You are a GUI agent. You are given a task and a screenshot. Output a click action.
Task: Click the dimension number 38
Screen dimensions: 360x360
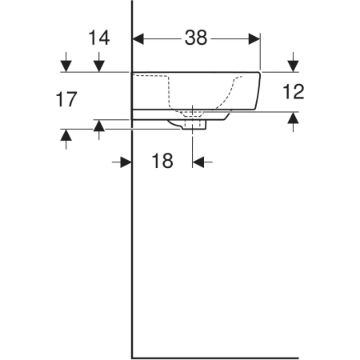tap(196, 38)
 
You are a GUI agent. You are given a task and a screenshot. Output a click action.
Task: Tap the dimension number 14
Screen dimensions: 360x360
tap(99, 38)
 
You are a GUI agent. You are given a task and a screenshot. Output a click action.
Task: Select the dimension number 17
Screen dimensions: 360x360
tap(66, 99)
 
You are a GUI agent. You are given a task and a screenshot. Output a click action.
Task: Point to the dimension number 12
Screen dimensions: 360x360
tap(294, 91)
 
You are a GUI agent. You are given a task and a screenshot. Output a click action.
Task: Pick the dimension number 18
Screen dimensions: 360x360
tap(162, 161)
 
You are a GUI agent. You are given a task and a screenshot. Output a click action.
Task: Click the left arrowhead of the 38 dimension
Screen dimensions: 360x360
tap(138, 39)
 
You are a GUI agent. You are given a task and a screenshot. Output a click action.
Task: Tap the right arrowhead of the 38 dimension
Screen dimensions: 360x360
tap(254, 39)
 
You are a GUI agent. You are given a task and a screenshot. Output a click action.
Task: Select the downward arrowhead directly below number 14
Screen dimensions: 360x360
tap(99, 66)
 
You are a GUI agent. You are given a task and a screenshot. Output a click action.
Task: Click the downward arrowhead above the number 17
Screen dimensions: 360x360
tap(66, 66)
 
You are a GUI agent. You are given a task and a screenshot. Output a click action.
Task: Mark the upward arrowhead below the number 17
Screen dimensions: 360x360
tap(66, 135)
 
